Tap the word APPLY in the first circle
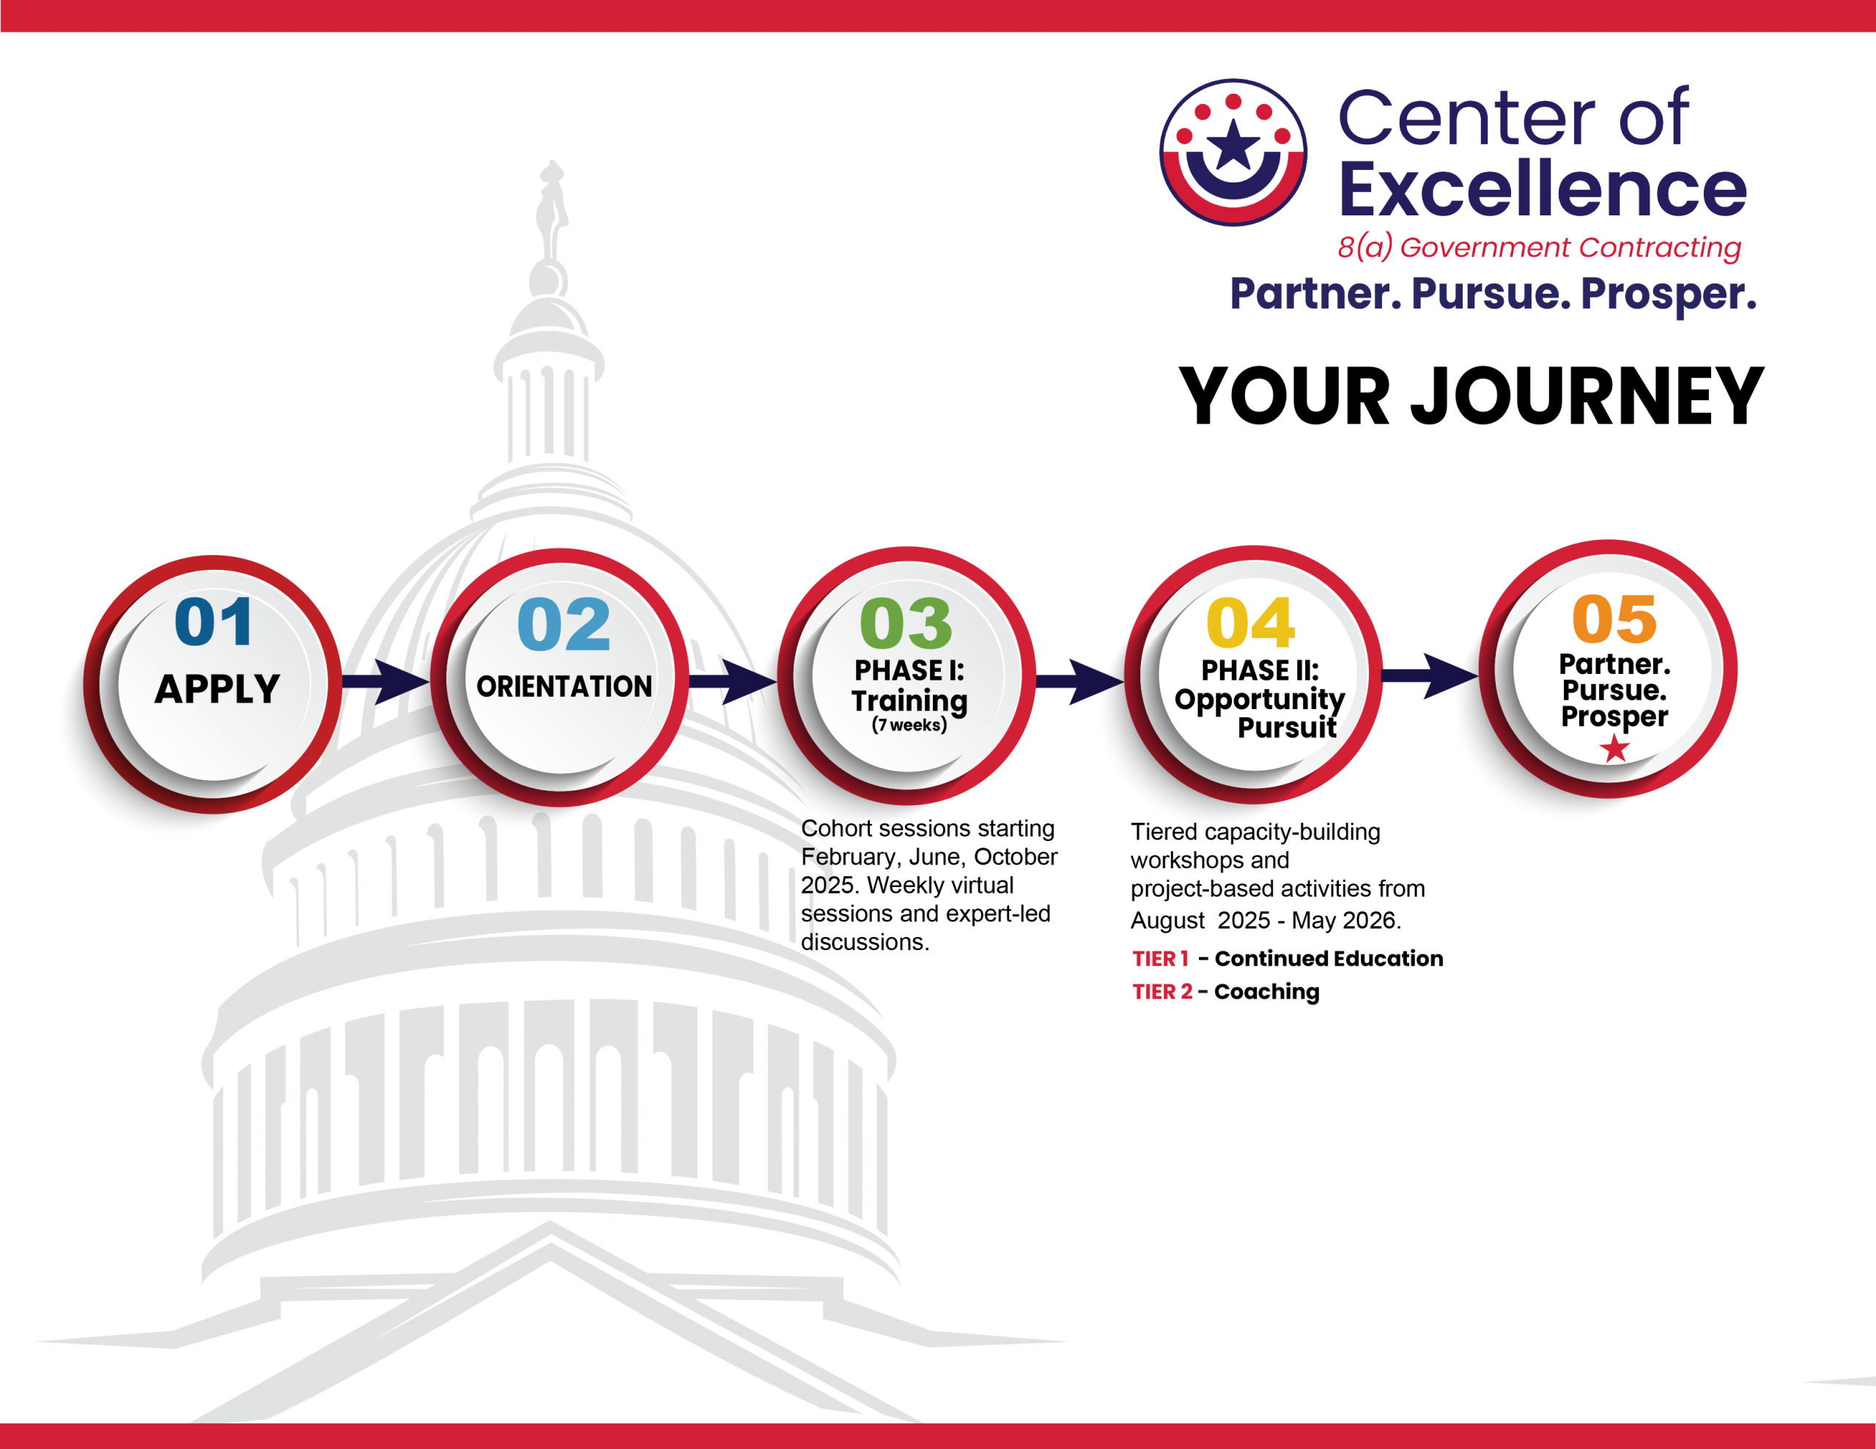(x=218, y=689)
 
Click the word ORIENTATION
(x=564, y=686)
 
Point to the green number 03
(x=906, y=623)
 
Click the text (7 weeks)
(x=909, y=725)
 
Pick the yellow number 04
(x=1251, y=623)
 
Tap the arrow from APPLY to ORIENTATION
(x=386, y=682)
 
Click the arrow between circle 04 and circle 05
(x=1430, y=676)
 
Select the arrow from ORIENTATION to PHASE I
(x=733, y=682)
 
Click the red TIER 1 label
(x=1161, y=959)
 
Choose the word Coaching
(x=1267, y=992)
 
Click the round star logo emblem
(x=1233, y=153)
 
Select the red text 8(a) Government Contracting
(x=1540, y=248)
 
